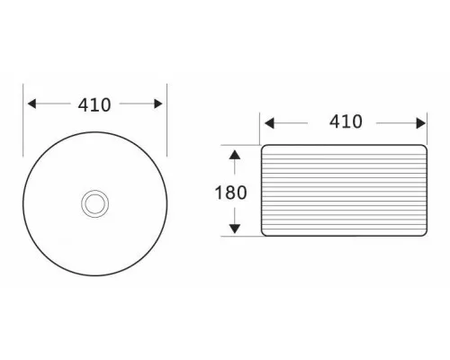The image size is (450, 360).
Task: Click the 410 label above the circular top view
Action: tap(94, 105)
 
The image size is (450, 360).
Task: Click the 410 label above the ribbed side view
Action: tap(346, 121)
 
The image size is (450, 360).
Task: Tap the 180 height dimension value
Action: tap(230, 193)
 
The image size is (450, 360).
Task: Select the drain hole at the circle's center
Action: tap(94, 203)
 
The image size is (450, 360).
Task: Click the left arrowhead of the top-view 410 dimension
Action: tap(31, 103)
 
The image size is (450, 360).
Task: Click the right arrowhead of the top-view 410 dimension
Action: tap(158, 103)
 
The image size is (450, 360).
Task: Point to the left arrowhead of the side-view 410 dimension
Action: tap(269, 123)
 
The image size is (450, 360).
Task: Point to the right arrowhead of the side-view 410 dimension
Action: tap(421, 123)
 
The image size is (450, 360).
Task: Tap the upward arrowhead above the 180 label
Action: tap(235, 155)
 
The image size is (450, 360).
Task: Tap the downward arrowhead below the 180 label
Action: tap(235, 229)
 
